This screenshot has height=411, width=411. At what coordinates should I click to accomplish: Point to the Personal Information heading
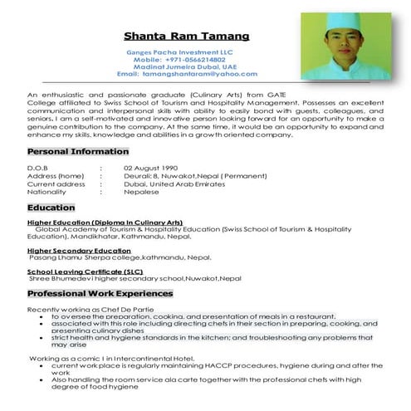click(77, 152)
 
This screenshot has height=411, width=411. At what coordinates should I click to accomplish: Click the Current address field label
click(56, 183)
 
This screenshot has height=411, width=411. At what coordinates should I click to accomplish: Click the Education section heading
click(51, 208)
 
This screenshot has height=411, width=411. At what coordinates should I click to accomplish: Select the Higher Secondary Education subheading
click(79, 250)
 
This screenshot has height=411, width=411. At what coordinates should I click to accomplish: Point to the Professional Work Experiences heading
click(100, 294)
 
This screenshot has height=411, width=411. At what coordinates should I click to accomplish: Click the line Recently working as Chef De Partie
click(84, 309)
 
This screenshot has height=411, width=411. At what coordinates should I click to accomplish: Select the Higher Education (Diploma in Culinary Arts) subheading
click(105, 222)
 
